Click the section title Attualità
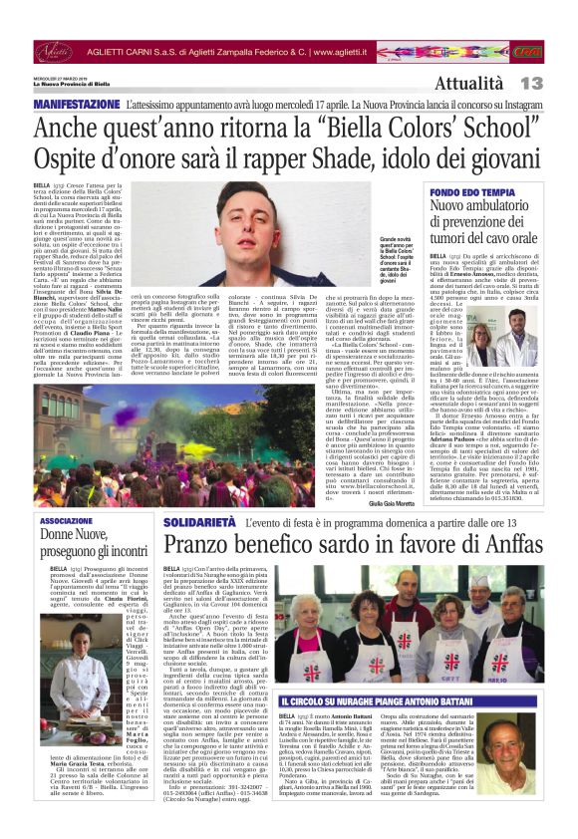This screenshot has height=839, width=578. point(467,83)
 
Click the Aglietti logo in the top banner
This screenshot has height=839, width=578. point(54,50)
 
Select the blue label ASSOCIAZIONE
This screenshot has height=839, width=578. point(66,521)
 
